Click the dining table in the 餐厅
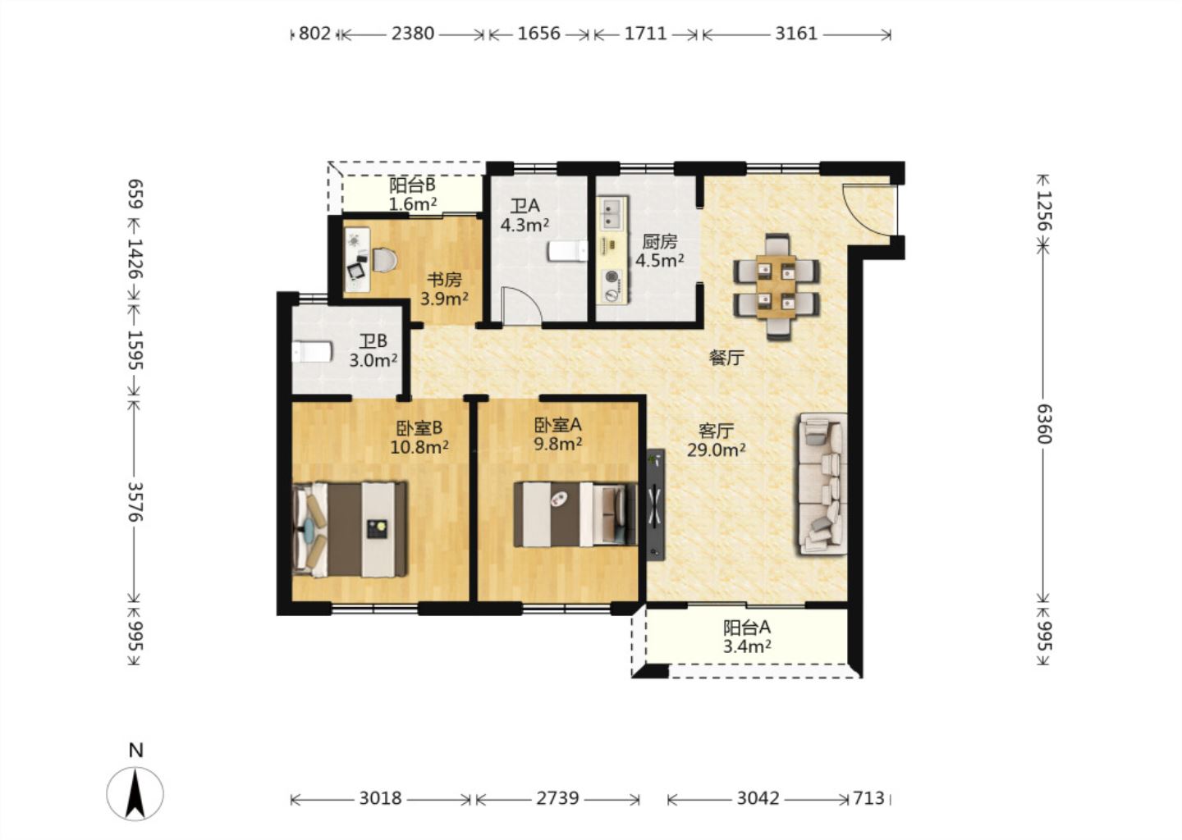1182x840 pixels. coord(776,287)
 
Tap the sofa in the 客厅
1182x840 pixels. coord(822,483)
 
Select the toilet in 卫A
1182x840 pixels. coord(568,251)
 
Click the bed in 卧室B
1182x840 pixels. coord(350,529)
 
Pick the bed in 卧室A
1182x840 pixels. coord(575,514)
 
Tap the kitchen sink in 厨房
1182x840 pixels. coord(612,213)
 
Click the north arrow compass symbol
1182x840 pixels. coord(135,793)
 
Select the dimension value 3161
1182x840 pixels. coord(795,34)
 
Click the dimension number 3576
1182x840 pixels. coord(135,501)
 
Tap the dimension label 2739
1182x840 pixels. coord(557,798)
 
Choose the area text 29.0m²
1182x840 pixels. coord(716,450)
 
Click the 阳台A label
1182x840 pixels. coord(747,628)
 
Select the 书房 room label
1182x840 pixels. coord(444,279)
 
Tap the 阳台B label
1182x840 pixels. coord(412,185)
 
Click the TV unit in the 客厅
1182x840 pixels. coord(656,504)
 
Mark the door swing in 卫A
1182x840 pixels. coord(522,305)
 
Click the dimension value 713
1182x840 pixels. coord(868,798)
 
